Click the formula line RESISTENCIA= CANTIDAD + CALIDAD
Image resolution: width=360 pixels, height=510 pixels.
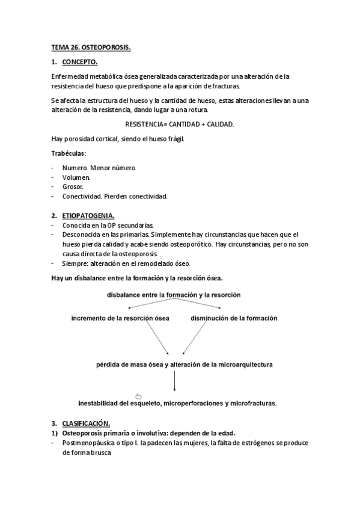coord(179,123)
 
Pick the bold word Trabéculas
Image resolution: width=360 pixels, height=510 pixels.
coord(69,153)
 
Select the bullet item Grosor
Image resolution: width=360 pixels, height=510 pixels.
coord(73,186)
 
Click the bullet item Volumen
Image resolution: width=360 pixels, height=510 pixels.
coord(76,177)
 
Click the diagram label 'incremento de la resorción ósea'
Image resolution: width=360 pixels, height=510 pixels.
coord(120,318)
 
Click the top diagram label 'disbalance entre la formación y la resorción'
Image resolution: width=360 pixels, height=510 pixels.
coord(174,295)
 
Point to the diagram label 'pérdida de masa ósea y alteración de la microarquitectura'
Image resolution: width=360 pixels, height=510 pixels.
coord(177,364)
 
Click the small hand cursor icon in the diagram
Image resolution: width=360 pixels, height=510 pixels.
coord(139,395)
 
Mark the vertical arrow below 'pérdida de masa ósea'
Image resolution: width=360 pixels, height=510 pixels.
coord(174,382)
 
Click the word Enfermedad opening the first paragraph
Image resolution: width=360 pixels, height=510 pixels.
coord(70,76)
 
